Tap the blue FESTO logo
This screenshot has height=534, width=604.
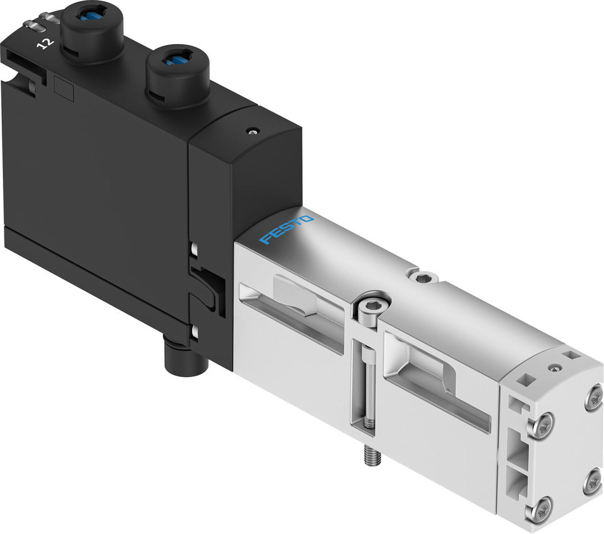coord(286,230)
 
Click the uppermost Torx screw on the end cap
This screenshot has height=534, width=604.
coord(594,396)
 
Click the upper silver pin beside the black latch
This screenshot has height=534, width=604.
coord(194,248)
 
